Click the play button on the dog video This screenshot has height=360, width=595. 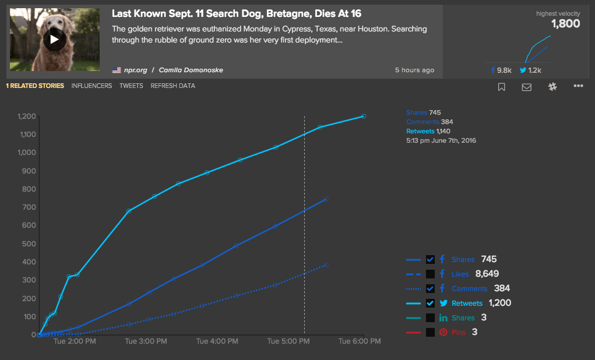tap(54, 40)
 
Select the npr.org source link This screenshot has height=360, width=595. tap(135, 70)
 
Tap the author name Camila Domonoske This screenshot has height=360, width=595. tap(191, 70)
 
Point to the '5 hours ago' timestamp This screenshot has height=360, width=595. tap(414, 70)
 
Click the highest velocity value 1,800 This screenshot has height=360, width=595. tap(565, 24)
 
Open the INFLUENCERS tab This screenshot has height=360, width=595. tap(91, 86)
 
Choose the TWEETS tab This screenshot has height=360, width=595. tap(131, 86)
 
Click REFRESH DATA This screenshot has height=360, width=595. tap(172, 86)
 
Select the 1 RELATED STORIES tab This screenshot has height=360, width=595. tap(35, 86)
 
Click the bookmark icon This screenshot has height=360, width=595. tap(501, 87)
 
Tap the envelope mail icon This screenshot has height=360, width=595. tap(526, 87)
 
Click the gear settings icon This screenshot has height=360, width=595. tap(552, 86)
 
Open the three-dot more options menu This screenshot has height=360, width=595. tap(578, 86)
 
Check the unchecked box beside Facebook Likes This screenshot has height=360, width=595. tap(430, 274)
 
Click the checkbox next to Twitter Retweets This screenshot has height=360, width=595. tap(430, 303)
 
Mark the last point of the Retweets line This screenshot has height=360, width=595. tap(364, 116)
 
